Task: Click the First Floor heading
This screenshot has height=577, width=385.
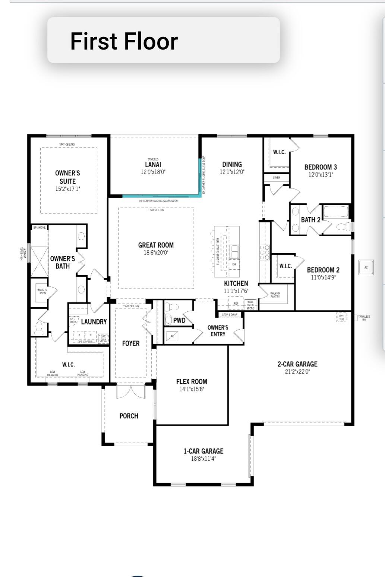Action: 124,41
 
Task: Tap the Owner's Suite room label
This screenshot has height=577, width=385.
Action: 67,177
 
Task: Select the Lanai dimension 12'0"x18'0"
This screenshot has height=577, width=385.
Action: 153,172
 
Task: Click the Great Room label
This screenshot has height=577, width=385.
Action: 156,245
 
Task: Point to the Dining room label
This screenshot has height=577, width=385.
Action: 232,164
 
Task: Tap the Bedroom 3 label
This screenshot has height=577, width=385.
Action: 321,167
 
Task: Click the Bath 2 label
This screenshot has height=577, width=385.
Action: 310,220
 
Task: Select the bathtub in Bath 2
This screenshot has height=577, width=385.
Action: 336,212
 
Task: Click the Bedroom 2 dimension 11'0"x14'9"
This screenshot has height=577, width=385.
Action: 323,278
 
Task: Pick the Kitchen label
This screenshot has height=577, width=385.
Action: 236,283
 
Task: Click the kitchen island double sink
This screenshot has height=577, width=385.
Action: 234,252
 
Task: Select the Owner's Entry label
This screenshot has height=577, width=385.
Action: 218,331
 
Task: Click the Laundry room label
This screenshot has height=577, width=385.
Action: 94,322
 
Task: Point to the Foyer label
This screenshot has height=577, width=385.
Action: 131,343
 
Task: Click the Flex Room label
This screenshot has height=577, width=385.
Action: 192,382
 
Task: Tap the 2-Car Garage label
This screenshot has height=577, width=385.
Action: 297,364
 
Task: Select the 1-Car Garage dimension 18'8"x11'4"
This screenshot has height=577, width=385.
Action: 203,459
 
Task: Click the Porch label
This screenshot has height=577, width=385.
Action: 129,416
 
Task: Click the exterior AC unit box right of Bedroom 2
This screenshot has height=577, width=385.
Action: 366,267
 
